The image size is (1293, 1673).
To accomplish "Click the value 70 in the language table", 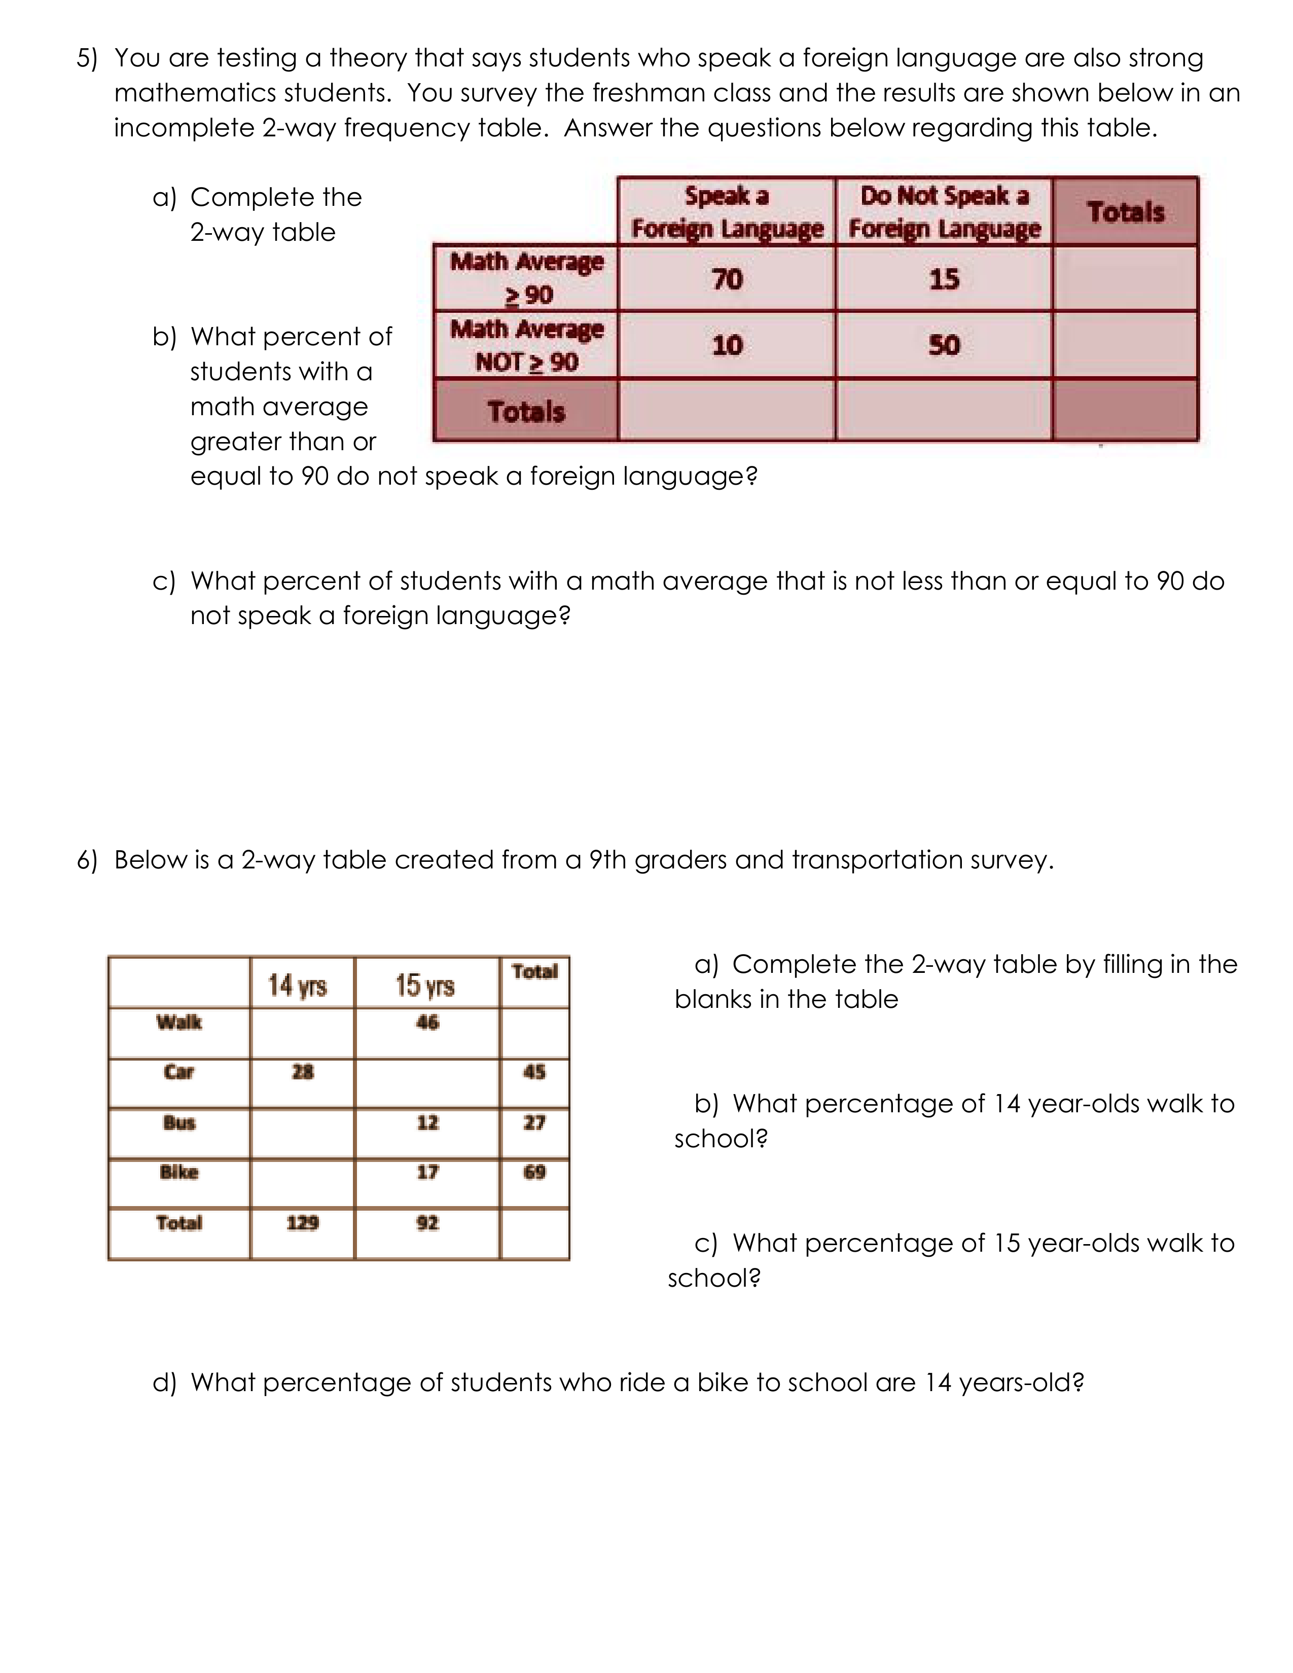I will tap(727, 279).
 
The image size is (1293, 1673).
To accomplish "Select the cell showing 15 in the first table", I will tap(944, 279).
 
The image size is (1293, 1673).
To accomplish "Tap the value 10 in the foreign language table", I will tap(727, 345).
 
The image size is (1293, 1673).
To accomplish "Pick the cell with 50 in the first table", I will tap(944, 345).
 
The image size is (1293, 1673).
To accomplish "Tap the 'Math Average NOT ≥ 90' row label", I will tap(526, 345).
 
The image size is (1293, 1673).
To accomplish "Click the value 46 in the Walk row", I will tap(427, 1022).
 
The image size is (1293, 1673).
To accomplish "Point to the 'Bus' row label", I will tap(179, 1122).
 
